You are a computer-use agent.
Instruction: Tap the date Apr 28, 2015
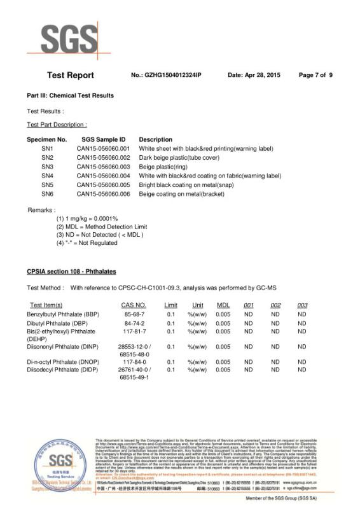click(254, 76)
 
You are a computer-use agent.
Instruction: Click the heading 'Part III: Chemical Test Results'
click(70, 96)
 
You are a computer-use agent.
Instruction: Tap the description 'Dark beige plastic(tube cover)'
click(179, 157)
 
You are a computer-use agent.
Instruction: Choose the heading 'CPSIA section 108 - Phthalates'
click(71, 272)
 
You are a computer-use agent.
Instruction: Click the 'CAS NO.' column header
click(134, 305)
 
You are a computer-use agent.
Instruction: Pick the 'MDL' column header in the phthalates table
click(223, 305)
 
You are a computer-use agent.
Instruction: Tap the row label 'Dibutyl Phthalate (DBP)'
click(59, 323)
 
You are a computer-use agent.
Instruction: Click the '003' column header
click(302, 305)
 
